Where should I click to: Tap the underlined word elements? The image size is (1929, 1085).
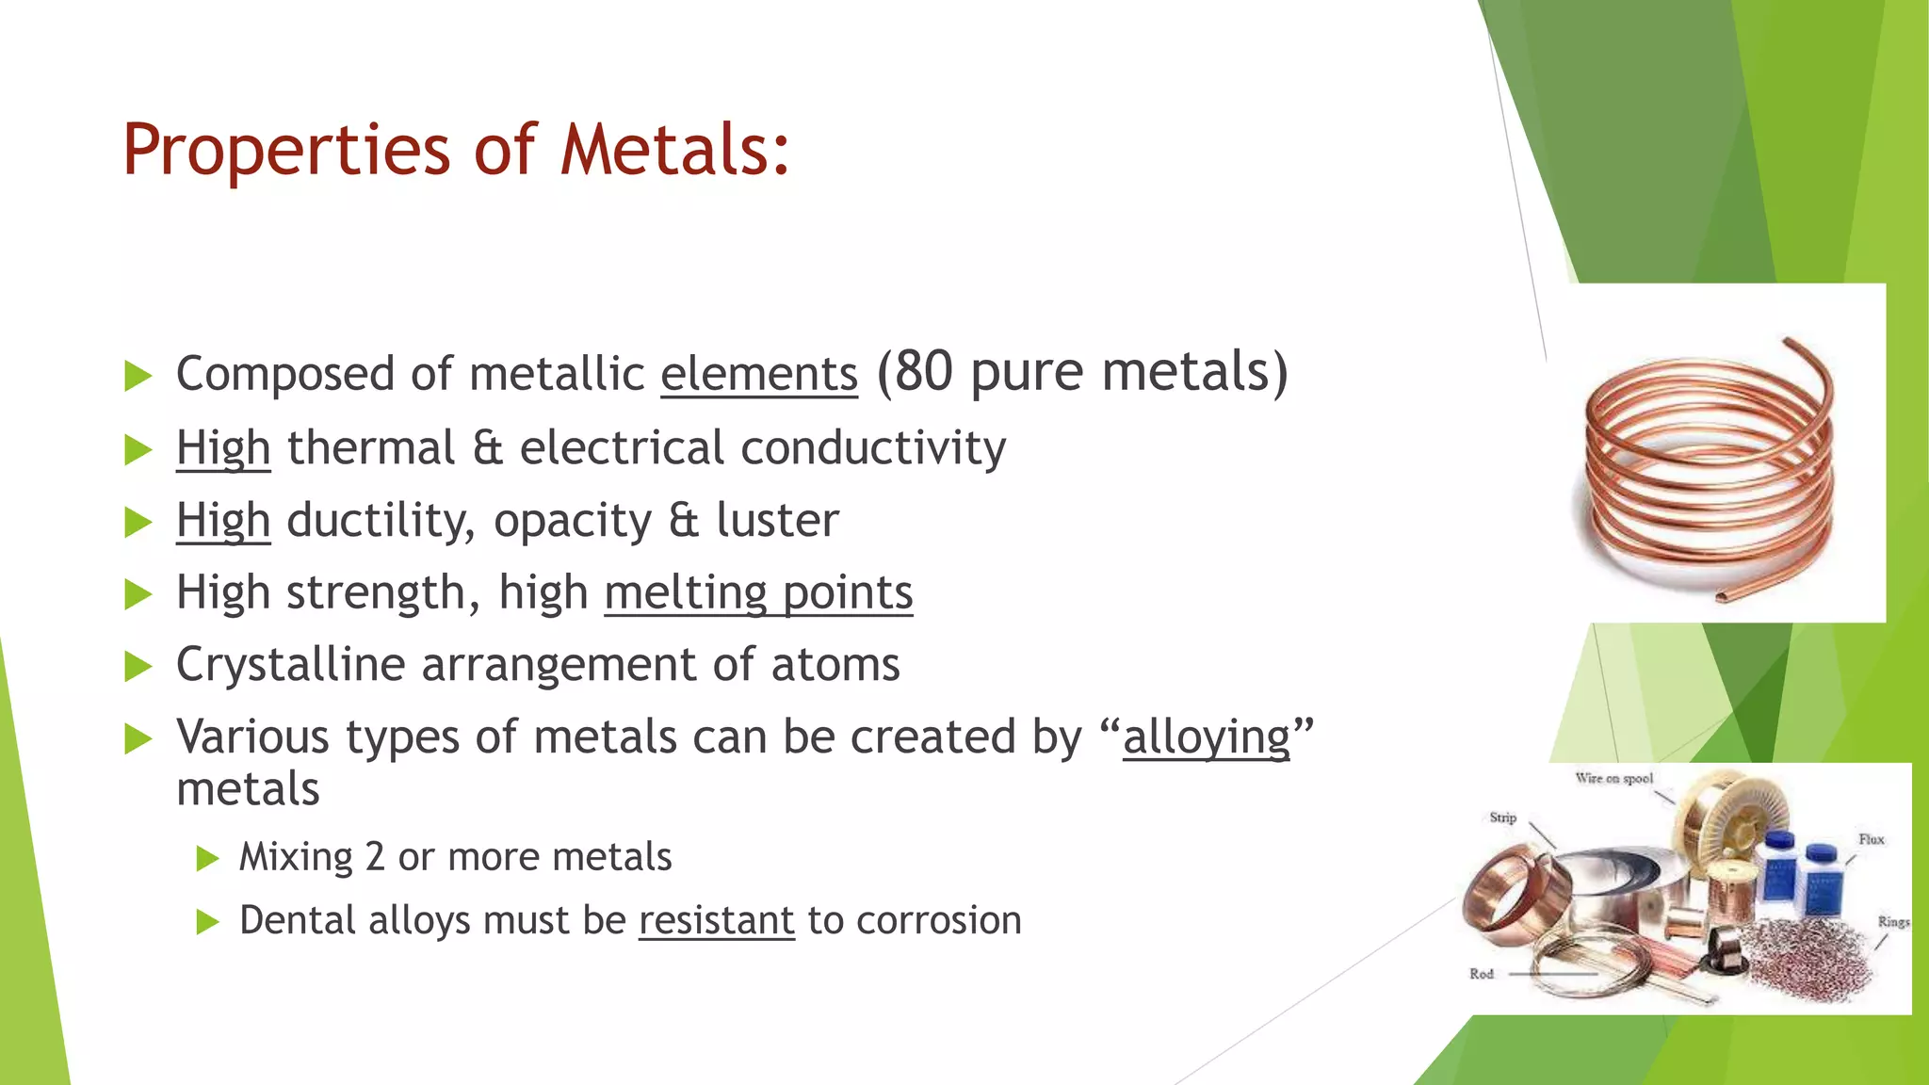tap(759, 374)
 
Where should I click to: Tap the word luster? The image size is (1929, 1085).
tap(777, 520)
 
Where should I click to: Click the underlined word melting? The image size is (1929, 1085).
tap(686, 592)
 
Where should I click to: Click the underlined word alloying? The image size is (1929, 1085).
tap(1207, 737)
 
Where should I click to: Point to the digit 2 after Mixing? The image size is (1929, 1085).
tap(374, 857)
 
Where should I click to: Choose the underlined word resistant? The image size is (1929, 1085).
tap(717, 920)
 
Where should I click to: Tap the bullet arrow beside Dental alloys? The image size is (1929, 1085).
tap(207, 921)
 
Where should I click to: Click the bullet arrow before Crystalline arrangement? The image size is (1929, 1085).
tap(138, 666)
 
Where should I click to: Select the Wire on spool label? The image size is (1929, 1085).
tap(1613, 778)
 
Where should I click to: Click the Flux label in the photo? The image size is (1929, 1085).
tap(1871, 839)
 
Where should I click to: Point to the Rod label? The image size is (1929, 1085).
tap(1482, 974)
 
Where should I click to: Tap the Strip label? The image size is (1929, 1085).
tap(1502, 818)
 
